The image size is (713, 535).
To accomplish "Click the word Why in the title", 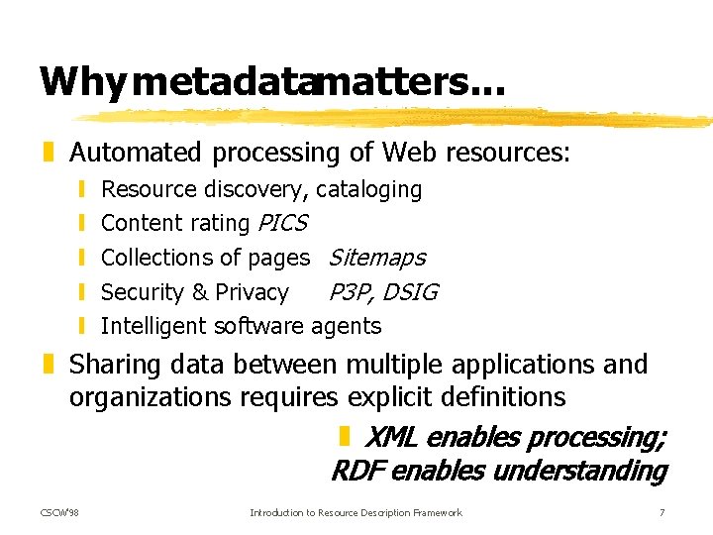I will pos(81,82).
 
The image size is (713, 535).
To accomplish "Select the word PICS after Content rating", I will pos(282,223).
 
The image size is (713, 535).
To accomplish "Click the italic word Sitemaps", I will pos(376,258).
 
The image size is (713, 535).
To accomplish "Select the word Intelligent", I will pos(154,326).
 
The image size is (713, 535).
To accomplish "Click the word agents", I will pos(346,326).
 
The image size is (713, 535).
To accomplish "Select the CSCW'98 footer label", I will pos(60,512).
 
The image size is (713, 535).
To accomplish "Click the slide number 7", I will pos(661,512).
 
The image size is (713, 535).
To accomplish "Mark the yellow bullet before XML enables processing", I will pos(344,436).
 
